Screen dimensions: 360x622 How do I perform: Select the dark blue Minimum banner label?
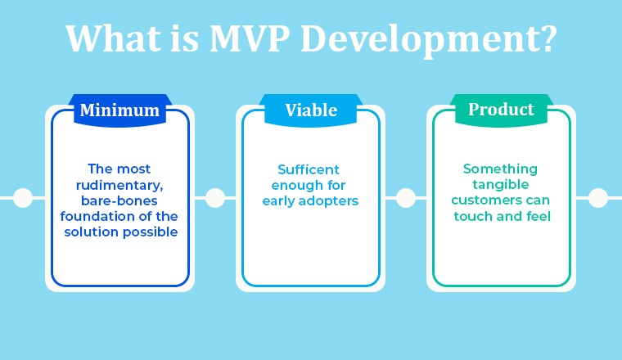click(119, 110)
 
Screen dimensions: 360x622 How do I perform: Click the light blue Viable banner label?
click(311, 110)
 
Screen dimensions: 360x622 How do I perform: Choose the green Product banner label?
click(501, 109)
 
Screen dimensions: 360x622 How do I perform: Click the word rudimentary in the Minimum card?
click(119, 185)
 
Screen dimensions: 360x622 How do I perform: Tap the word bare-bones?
click(119, 200)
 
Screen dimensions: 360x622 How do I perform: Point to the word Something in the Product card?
click(501, 169)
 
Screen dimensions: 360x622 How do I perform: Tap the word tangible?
click(501, 185)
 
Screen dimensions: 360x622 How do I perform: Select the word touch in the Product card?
click(471, 216)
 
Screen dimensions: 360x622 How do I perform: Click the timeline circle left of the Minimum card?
click(23, 198)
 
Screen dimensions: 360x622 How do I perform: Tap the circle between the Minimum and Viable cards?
click(215, 198)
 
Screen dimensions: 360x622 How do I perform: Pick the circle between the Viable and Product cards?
click(406, 198)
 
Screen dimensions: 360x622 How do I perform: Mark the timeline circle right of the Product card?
click(598, 198)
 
